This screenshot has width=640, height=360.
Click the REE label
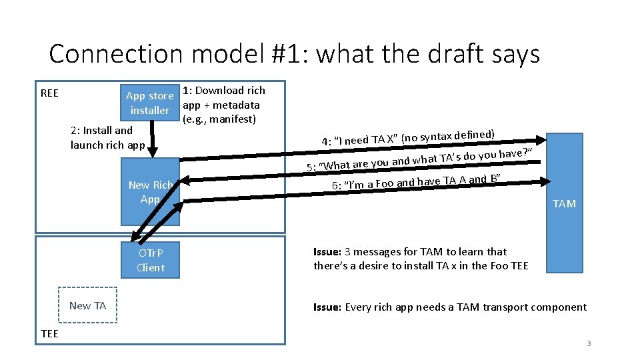(x=49, y=93)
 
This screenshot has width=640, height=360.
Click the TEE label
(x=49, y=333)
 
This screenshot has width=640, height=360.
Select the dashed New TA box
(x=87, y=305)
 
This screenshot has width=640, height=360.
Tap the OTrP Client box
(x=151, y=260)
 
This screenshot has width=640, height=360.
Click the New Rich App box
(x=151, y=192)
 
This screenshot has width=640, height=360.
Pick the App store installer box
(x=150, y=103)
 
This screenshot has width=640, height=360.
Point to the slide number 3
(x=589, y=343)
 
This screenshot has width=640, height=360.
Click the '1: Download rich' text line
(x=224, y=91)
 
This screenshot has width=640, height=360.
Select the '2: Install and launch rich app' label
(x=107, y=137)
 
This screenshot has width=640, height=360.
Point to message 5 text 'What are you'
(x=353, y=164)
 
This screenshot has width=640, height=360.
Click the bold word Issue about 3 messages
(x=328, y=252)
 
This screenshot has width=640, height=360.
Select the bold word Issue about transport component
(x=328, y=307)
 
